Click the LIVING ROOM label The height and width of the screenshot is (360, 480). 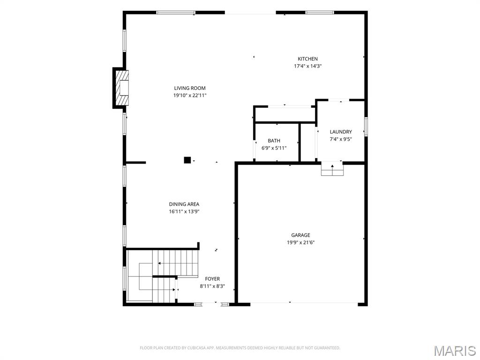pyautogui.click(x=190, y=88)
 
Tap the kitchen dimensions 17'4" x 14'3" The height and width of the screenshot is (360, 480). pyautogui.click(x=307, y=66)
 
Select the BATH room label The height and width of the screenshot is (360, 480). pyautogui.click(x=274, y=141)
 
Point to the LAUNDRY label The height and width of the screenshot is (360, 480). pyautogui.click(x=341, y=132)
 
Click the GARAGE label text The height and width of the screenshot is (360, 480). pyautogui.click(x=300, y=235)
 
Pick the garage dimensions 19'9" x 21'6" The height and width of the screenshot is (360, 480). pyautogui.click(x=300, y=242)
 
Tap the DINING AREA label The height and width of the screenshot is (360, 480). pyautogui.click(x=184, y=204)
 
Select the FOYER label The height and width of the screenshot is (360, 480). pyautogui.click(x=212, y=279)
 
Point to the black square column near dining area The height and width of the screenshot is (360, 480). pyautogui.click(x=187, y=160)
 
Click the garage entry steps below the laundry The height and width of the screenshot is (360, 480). pyautogui.click(x=332, y=169)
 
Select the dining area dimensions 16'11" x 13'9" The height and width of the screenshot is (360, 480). pyautogui.click(x=184, y=211)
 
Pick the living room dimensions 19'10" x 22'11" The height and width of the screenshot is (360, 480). pyautogui.click(x=190, y=96)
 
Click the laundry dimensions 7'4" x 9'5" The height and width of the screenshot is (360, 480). pyautogui.click(x=341, y=139)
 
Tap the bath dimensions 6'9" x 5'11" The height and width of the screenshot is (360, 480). pyautogui.click(x=274, y=148)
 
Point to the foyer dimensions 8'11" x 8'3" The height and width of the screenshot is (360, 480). pyautogui.click(x=212, y=286)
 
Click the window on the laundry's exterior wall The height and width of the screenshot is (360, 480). pyautogui.click(x=366, y=127)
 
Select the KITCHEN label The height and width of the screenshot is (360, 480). pyautogui.click(x=307, y=59)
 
